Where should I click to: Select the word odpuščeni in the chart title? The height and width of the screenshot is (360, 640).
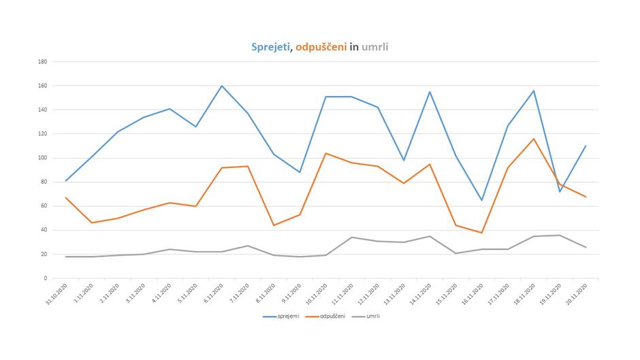(x=321, y=47)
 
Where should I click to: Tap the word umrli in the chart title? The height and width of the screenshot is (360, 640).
(x=375, y=47)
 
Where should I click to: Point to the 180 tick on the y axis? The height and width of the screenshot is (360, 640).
(x=42, y=62)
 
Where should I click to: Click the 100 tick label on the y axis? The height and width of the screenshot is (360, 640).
(x=42, y=158)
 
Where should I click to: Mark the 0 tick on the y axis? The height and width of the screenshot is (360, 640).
(x=45, y=278)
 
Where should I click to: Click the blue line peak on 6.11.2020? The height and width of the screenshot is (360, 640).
(x=222, y=86)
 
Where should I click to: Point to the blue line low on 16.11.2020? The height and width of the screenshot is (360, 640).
(x=482, y=200)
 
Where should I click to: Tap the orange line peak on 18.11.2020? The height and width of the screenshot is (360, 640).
(x=534, y=139)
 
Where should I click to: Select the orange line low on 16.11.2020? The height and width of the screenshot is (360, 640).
(x=482, y=233)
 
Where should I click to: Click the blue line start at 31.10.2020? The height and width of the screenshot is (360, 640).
(x=66, y=181)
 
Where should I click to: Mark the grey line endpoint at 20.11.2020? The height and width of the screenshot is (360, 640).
(x=586, y=247)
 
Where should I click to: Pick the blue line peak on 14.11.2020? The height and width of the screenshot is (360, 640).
(x=430, y=92)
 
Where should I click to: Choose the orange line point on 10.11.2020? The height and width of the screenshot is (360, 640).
(x=326, y=153)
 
